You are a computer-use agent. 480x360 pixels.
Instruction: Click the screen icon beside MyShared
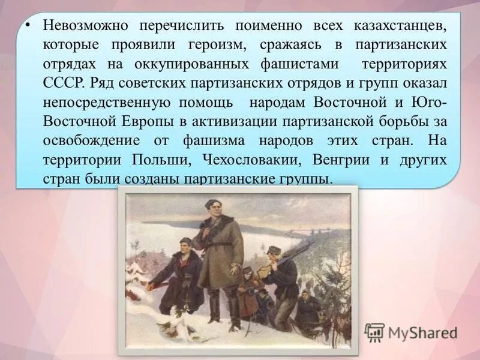pos(374,332)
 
